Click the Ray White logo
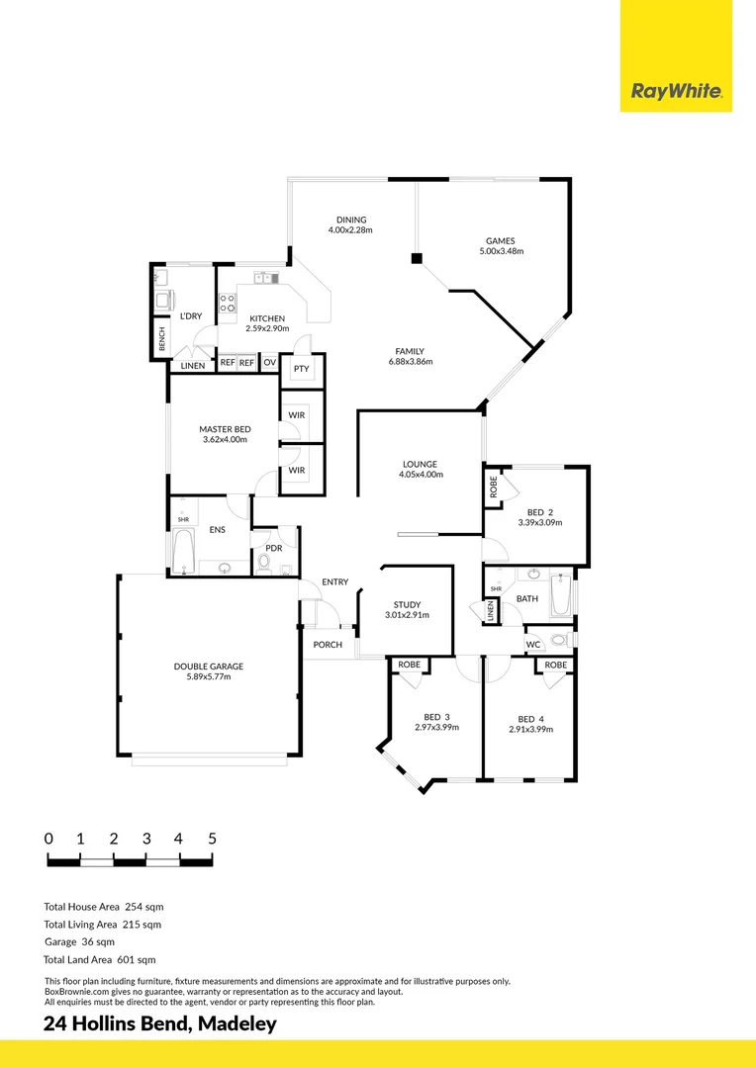pos(677,93)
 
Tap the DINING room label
pos(351,220)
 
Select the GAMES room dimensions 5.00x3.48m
pos(500,251)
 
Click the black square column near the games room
pos(417,259)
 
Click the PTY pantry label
pos(301,369)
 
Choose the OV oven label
pos(269,363)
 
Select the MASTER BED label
pos(225,428)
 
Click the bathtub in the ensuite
pos(183,551)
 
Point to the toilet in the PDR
pos(263,563)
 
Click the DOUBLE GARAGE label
pos(209,667)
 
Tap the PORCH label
pos(328,645)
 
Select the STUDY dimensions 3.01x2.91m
pos(407,615)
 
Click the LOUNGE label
pos(420,464)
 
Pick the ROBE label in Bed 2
pos(493,487)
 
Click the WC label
pos(533,645)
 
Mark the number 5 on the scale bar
pos(212,839)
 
